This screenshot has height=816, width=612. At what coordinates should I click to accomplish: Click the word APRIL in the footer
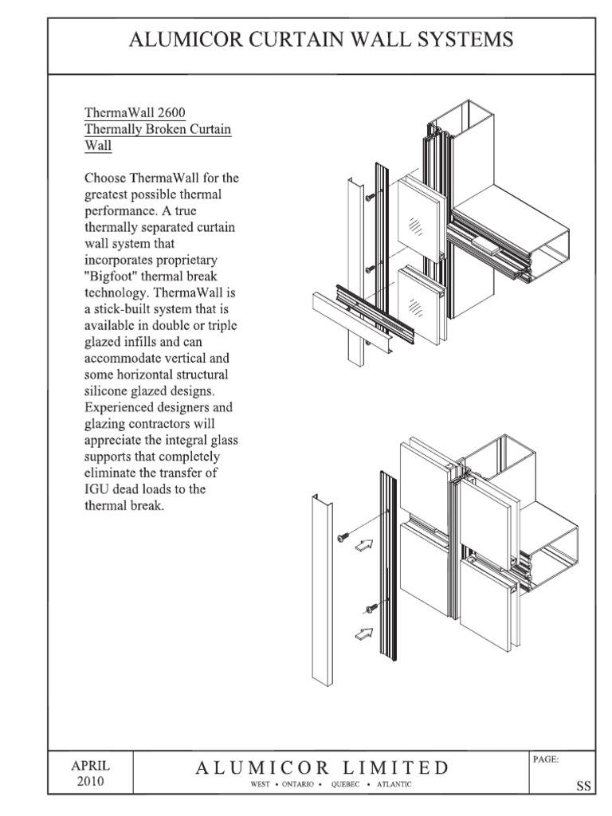point(90,765)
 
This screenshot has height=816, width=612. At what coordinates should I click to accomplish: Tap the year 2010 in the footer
point(90,781)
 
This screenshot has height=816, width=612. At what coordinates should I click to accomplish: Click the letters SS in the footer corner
point(583,786)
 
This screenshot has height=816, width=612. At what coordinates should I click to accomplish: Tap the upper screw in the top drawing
point(370,196)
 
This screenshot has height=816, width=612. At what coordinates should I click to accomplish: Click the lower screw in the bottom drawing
point(371,609)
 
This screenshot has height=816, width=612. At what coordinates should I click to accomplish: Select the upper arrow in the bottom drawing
point(363,546)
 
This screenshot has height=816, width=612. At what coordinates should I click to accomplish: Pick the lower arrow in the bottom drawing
point(363,634)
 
